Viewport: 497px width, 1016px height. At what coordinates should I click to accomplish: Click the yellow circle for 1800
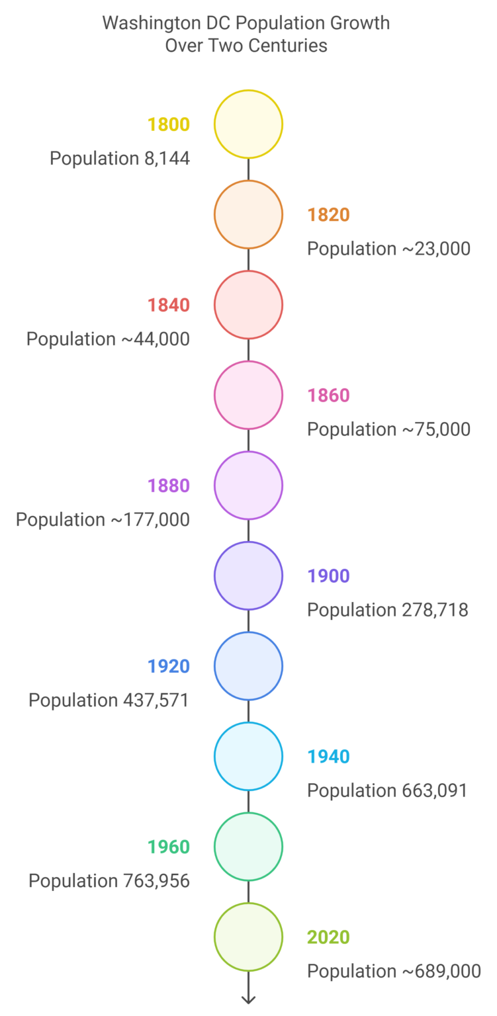248,124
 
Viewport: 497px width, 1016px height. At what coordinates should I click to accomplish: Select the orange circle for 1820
248,214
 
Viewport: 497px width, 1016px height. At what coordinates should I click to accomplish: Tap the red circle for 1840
248,304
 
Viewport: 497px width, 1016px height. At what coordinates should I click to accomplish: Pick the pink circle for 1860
248,395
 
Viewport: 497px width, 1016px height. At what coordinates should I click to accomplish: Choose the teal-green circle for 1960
248,846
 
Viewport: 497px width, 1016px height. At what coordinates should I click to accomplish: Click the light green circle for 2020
248,937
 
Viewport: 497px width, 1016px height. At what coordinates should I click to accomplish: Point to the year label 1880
169,486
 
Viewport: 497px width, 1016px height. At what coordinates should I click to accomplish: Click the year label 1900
328,576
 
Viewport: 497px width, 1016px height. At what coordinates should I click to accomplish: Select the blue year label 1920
169,666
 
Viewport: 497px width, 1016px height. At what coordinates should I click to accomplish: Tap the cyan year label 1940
328,757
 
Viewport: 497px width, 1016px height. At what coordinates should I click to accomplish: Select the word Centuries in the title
291,46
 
